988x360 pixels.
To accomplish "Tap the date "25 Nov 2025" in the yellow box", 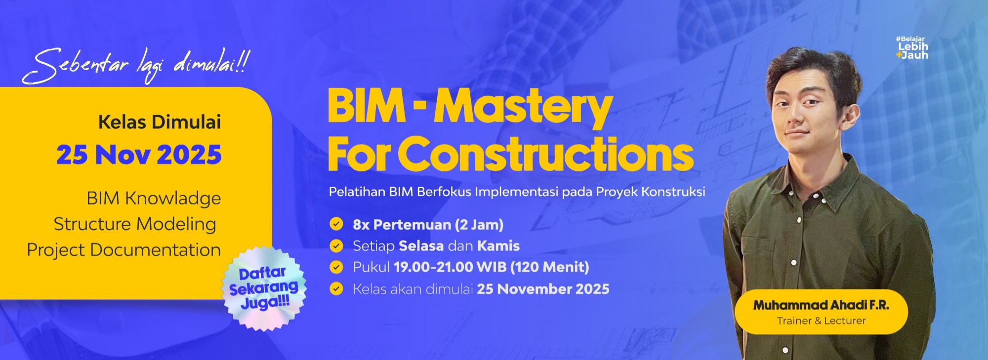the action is tap(139, 155).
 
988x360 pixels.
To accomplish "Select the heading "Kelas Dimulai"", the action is tap(160, 122).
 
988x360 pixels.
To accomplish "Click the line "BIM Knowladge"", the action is tap(154, 199).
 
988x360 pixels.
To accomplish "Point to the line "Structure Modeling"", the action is tap(135, 224).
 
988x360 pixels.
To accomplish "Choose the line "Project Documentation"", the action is tap(123, 250).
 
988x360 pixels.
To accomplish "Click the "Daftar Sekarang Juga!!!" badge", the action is tap(264, 288).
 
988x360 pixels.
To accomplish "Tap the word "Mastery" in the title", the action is tap(523, 108).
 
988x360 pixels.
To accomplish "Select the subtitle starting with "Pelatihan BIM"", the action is tap(517, 192).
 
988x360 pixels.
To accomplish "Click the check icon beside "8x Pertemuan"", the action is tap(336, 224).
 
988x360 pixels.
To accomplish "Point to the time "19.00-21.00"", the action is tap(433, 267).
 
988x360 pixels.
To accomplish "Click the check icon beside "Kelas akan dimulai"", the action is tap(336, 288).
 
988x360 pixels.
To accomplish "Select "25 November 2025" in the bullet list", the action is tap(543, 289).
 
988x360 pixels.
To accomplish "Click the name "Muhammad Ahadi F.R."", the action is tap(821, 305).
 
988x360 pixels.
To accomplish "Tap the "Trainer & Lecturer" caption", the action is tap(821, 321).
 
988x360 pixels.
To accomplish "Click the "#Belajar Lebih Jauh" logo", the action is tap(912, 48).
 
